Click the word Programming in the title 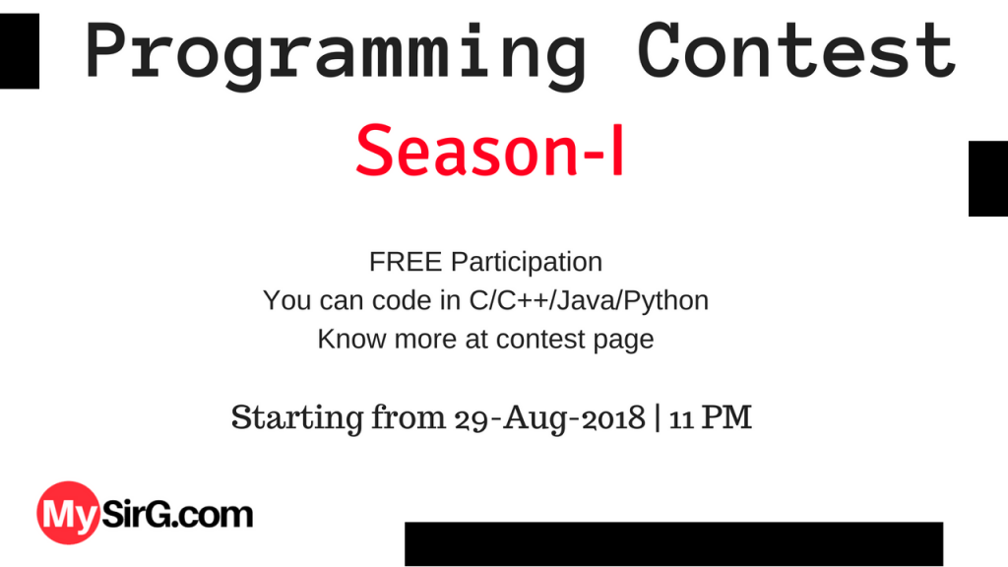[x=336, y=51]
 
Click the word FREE [x=407, y=263]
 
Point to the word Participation [x=526, y=264]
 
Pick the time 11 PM [x=711, y=417]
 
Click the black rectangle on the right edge [x=987, y=178]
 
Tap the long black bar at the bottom [x=673, y=543]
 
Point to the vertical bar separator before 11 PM [x=658, y=417]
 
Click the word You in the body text [x=286, y=300]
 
